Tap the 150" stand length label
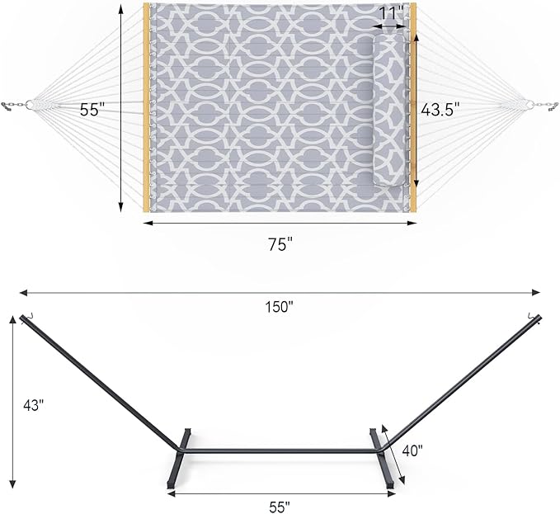pos(280,306)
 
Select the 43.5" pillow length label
pos(440,109)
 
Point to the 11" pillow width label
pos(393,12)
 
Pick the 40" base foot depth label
pos(412,450)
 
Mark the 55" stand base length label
pos(280,504)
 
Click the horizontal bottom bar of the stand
pos(280,450)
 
